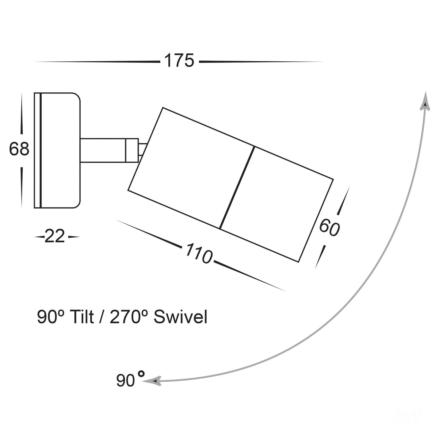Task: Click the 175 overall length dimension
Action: pyautogui.click(x=179, y=61)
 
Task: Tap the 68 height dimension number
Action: pyautogui.click(x=19, y=149)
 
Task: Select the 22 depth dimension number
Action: pyautogui.click(x=55, y=237)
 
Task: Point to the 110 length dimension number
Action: pyautogui.click(x=198, y=253)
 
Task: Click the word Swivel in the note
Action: pyautogui.click(x=180, y=318)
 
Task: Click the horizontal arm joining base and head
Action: pyautogui.click(x=103, y=150)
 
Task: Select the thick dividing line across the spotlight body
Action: pyautogui.click(x=237, y=188)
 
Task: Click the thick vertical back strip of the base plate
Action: pyautogui.click(x=40, y=150)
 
